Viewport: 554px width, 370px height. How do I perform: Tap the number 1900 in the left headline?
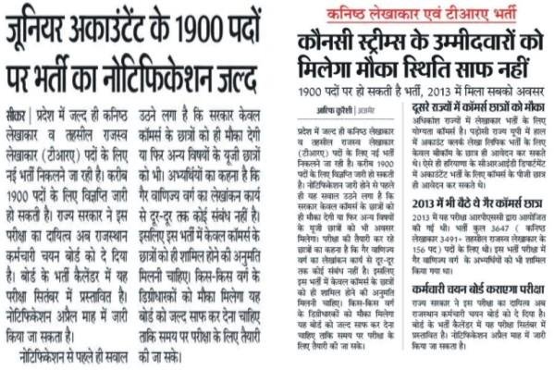point(219,27)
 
